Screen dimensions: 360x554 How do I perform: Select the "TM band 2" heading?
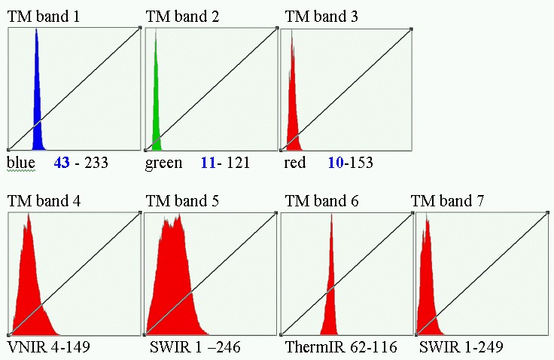click(182, 16)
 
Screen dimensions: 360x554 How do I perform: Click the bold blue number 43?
click(61, 163)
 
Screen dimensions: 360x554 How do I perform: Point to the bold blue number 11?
click(208, 163)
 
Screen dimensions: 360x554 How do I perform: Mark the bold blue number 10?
click(335, 163)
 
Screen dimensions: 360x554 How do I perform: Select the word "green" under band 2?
click(163, 163)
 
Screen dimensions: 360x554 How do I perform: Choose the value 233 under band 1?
click(97, 163)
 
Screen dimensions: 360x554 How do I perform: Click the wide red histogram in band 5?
click(177, 286)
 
